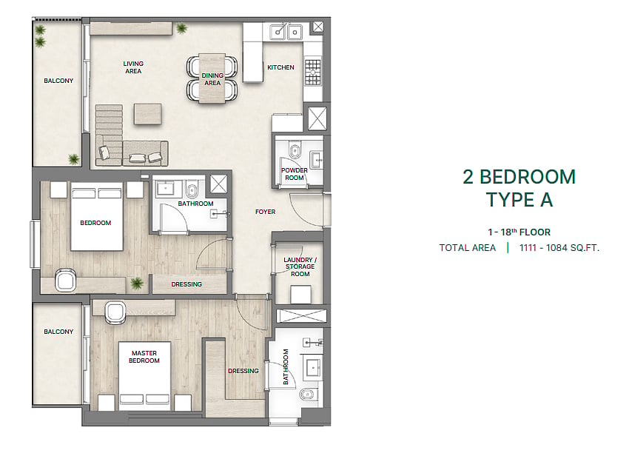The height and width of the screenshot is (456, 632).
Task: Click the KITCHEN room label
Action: point(280,67)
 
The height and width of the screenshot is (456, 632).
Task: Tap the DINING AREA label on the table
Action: point(212,79)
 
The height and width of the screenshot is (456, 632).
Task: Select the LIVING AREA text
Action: point(133,67)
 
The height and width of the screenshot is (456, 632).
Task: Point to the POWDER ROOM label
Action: point(295,174)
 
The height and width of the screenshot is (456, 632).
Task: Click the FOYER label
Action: point(265,212)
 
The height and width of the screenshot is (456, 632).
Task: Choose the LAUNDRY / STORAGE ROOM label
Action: point(300,267)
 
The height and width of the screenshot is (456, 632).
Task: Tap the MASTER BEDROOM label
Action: point(144,357)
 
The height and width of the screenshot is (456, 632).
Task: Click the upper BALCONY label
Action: point(58,81)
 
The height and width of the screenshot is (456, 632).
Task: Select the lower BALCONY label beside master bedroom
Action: point(58,332)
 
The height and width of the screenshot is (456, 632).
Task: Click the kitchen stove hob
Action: point(313,72)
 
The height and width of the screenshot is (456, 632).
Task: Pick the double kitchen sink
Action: point(286,31)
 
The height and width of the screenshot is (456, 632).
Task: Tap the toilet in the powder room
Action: point(295,150)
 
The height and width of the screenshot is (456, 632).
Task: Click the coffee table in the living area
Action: point(148,114)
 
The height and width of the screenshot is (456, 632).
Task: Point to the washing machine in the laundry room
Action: point(300,295)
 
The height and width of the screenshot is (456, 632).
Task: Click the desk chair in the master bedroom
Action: point(115,313)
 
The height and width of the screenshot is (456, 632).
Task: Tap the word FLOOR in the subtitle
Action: point(535,232)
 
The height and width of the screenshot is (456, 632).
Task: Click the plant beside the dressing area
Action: point(137,283)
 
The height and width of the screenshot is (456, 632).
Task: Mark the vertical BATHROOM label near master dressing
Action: point(286,366)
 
